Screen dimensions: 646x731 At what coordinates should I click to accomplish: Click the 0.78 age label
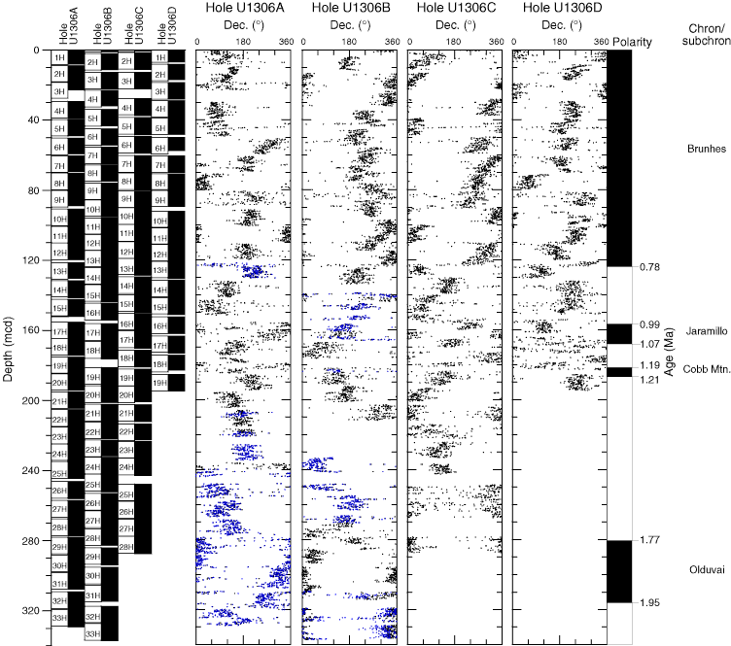coord(650,267)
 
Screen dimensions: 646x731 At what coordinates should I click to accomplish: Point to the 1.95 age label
coord(650,603)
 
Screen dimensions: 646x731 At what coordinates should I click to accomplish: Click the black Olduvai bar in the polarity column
coord(620,571)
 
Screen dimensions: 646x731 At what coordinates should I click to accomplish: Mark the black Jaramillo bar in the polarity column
coord(620,333)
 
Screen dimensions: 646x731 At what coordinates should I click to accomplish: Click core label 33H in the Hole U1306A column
coord(59,619)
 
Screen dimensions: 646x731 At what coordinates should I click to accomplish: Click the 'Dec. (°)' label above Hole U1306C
coord(452,25)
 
